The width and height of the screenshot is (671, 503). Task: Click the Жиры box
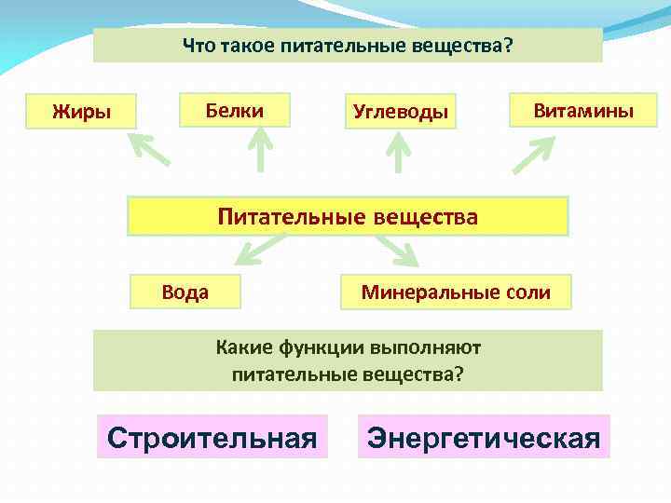(x=82, y=113)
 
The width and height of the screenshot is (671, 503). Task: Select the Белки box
(x=234, y=111)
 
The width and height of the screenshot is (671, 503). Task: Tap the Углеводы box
(x=400, y=113)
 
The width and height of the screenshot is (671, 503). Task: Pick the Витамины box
(x=582, y=111)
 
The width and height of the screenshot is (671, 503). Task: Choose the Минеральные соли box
(x=456, y=292)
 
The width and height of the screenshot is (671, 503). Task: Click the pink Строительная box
(x=212, y=437)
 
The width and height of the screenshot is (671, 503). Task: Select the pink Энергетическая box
(x=484, y=437)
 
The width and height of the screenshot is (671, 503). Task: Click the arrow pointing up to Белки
(x=260, y=151)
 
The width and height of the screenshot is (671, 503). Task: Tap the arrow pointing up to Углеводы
(x=399, y=153)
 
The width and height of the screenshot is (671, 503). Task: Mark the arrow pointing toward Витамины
(x=534, y=155)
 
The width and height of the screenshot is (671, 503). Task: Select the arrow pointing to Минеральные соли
(x=397, y=250)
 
